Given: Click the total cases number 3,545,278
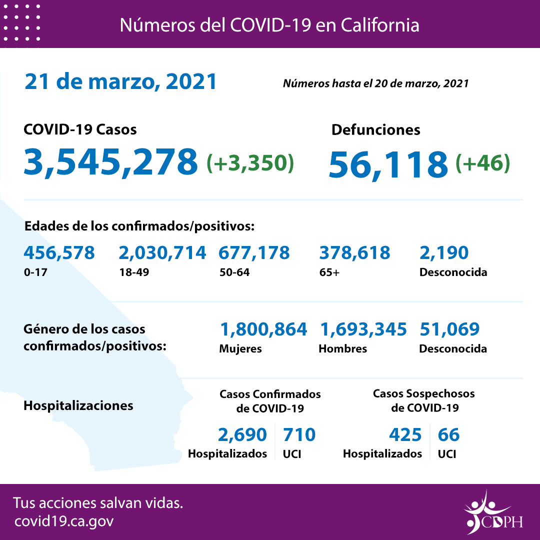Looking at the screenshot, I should click(x=110, y=161).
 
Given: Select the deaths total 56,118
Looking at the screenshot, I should click(x=388, y=163).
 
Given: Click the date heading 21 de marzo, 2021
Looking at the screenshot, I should click(x=120, y=81).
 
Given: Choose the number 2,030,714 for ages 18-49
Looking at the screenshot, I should click(x=162, y=252).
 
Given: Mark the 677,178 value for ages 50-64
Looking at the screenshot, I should click(x=254, y=252).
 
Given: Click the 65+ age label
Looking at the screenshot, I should click(x=328, y=272).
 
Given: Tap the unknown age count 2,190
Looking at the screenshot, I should click(x=444, y=252).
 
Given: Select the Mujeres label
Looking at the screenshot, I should click(x=240, y=348).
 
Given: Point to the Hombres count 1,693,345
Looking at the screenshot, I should click(x=363, y=329).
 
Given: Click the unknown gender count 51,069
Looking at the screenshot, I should click(x=449, y=329).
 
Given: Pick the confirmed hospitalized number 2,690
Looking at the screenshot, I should click(x=242, y=434).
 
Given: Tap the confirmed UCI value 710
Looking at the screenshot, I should click(x=299, y=434).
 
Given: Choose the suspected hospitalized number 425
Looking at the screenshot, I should click(x=405, y=434).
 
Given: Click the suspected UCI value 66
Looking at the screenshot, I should click(x=448, y=434).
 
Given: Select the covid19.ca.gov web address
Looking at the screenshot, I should click(x=64, y=521).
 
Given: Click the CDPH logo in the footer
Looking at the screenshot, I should click(x=492, y=512).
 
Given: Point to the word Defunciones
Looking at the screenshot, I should click(x=375, y=130).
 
